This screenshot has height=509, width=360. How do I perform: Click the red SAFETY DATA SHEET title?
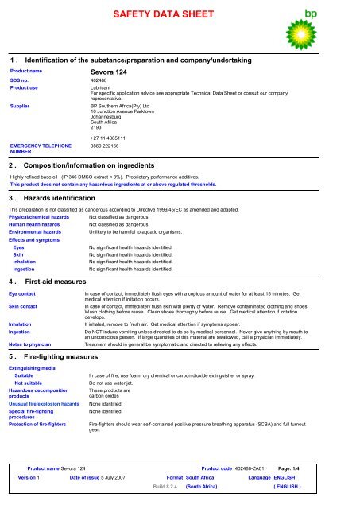point(180,16)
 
